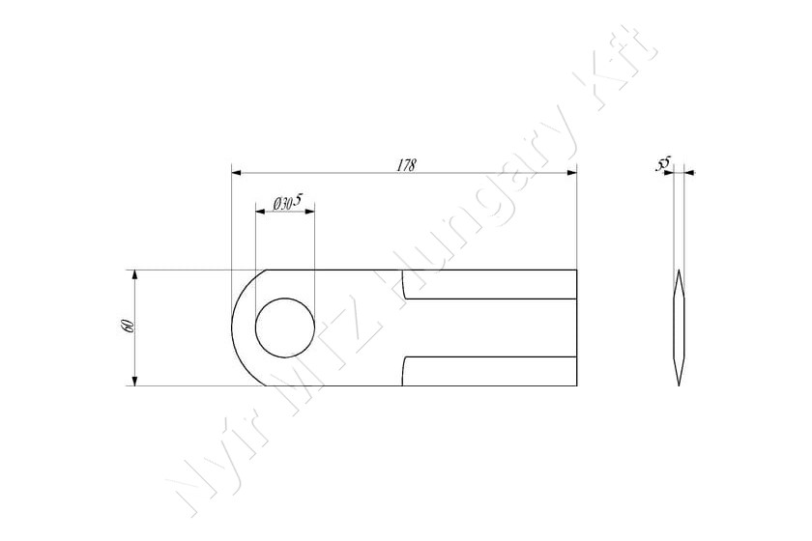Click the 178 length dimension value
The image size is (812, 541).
point(407,165)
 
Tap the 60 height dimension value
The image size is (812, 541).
point(128,327)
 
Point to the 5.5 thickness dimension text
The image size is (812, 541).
point(663,164)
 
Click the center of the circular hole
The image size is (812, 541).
point(285,327)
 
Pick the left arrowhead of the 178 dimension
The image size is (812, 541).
point(237,172)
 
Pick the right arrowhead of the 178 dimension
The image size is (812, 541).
point(571,172)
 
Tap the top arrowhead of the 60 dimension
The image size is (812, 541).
point(134,275)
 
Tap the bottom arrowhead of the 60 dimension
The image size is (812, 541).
point(134,381)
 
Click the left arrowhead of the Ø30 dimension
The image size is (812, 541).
point(261,212)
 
